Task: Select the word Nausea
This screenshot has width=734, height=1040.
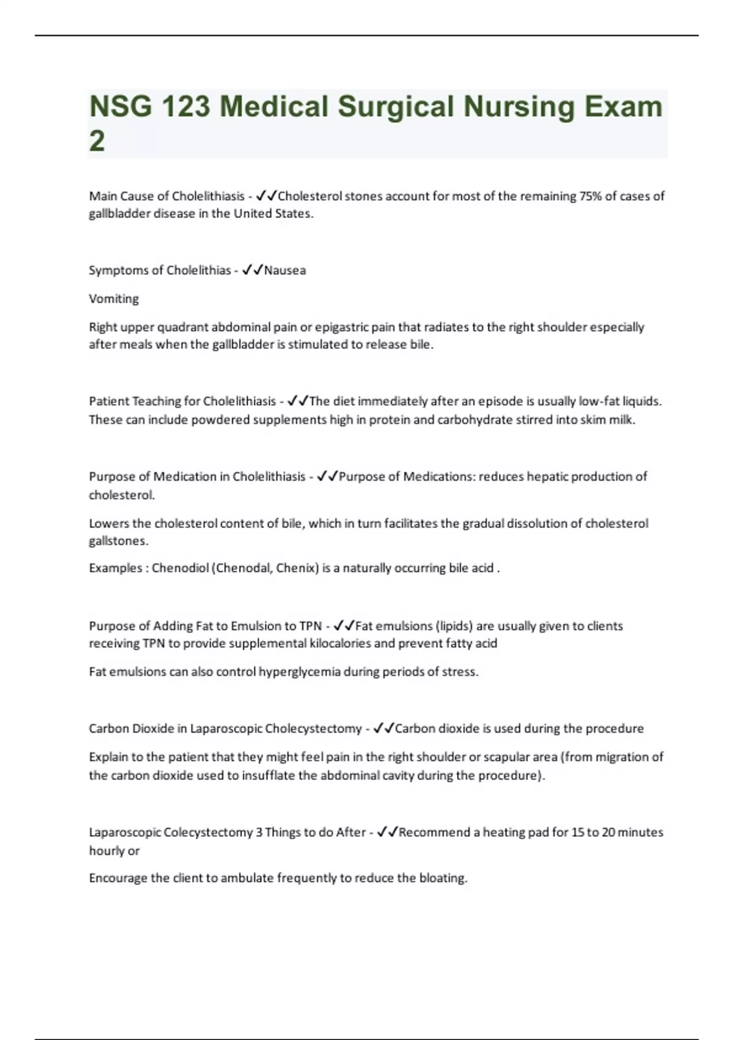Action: pyautogui.click(x=285, y=270)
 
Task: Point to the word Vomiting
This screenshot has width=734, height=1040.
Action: pyautogui.click(x=114, y=299)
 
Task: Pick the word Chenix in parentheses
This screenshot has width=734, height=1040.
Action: pyautogui.click(x=296, y=568)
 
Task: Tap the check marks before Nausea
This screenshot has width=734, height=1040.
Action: pyautogui.click(x=253, y=270)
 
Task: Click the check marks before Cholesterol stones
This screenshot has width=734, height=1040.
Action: pyautogui.click(x=267, y=196)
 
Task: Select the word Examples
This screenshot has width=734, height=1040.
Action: pyautogui.click(x=115, y=568)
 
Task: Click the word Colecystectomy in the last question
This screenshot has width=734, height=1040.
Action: pyautogui.click(x=208, y=833)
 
